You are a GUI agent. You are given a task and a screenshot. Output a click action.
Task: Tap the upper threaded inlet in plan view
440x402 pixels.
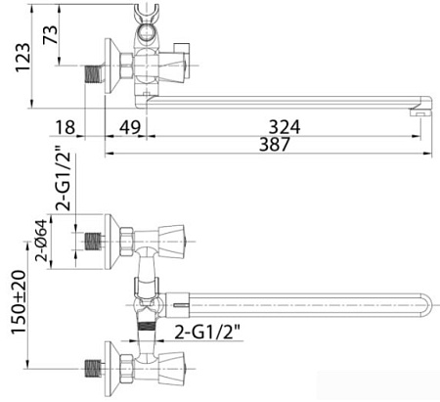(x=94, y=239)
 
